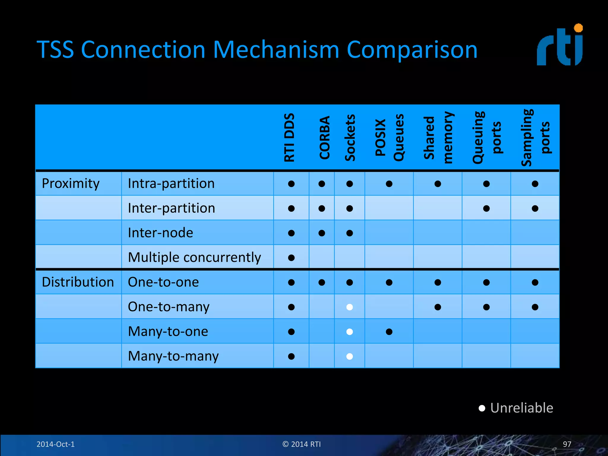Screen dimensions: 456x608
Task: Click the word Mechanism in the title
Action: (x=276, y=50)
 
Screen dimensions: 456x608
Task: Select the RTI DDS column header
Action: (x=289, y=137)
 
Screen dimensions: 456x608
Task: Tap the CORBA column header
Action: (x=324, y=137)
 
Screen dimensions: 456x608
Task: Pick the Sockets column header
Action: (x=350, y=137)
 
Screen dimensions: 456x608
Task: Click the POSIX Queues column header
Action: (x=389, y=137)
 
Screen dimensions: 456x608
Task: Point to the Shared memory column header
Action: (x=438, y=137)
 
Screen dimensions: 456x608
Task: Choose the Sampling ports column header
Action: (x=535, y=137)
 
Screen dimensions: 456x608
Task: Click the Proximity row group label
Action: (x=71, y=183)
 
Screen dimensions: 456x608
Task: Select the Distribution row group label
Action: (x=78, y=282)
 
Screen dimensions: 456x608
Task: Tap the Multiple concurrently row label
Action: (x=194, y=257)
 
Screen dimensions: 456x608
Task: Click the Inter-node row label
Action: (x=160, y=233)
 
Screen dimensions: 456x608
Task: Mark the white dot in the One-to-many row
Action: (x=350, y=307)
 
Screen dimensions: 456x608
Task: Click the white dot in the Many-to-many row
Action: (x=350, y=356)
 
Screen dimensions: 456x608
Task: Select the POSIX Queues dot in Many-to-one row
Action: (x=389, y=332)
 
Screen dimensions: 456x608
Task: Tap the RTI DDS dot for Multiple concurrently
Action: (x=291, y=258)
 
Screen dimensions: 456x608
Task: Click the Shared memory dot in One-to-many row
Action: (x=438, y=307)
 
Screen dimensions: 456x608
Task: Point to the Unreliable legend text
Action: (x=522, y=408)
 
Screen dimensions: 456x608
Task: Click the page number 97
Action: (x=567, y=444)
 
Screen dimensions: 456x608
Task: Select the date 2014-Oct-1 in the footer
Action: (x=56, y=444)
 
